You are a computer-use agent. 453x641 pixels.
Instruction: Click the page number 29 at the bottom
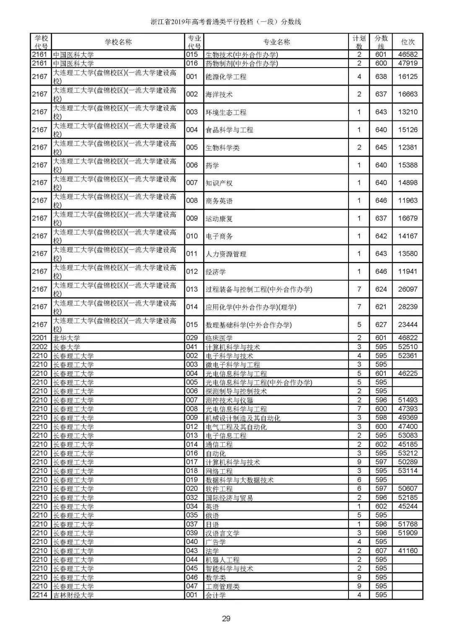click(226, 618)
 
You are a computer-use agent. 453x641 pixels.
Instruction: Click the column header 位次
click(408, 42)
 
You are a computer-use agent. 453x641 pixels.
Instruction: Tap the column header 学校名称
click(118, 42)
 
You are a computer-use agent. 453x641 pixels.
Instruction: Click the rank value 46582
click(408, 55)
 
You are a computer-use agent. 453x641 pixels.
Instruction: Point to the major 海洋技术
click(219, 94)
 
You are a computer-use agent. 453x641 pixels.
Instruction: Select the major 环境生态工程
click(226, 113)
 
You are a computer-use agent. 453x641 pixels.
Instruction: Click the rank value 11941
click(408, 272)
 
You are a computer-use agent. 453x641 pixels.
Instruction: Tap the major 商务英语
click(219, 201)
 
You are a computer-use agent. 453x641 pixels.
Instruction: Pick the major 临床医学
click(219, 338)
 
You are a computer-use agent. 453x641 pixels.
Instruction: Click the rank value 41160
click(408, 551)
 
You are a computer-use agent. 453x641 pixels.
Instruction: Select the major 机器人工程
click(222, 560)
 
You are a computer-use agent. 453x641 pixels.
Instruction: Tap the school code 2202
click(40, 347)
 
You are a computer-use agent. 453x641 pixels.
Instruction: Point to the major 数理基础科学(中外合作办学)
click(248, 325)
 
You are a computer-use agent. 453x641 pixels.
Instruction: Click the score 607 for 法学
click(381, 551)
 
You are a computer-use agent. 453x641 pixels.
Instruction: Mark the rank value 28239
click(408, 307)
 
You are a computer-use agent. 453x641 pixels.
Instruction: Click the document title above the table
click(226, 22)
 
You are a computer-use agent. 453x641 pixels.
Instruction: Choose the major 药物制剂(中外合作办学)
click(242, 63)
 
